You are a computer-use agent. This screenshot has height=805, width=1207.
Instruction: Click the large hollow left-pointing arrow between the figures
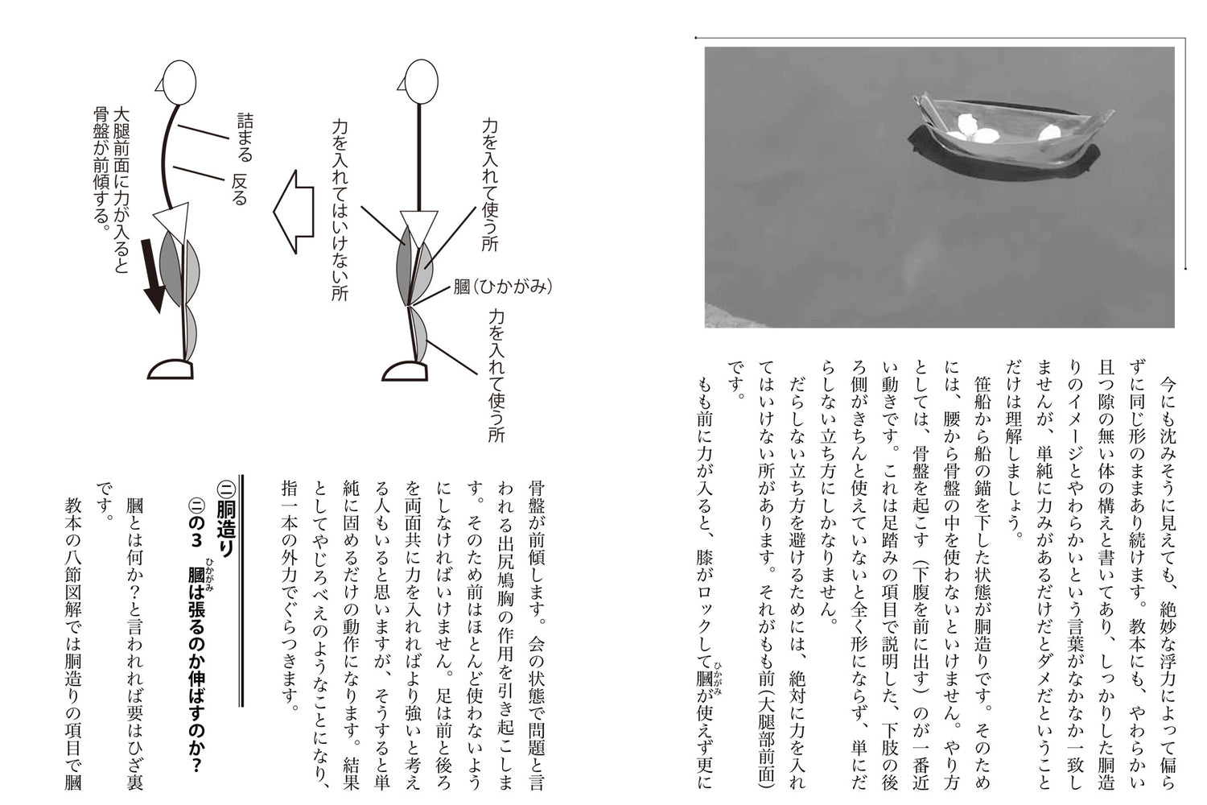(293, 212)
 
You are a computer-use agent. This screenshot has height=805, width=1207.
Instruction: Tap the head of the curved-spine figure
(178, 82)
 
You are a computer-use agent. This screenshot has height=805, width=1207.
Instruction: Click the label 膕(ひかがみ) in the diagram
(503, 286)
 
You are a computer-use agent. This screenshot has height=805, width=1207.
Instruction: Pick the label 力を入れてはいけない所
(340, 209)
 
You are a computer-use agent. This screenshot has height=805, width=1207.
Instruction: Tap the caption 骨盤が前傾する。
(101, 168)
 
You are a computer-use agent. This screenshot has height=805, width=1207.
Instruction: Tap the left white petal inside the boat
(974, 127)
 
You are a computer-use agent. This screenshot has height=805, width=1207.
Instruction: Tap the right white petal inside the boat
(1049, 130)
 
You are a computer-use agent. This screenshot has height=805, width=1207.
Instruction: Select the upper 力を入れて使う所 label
(490, 184)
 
